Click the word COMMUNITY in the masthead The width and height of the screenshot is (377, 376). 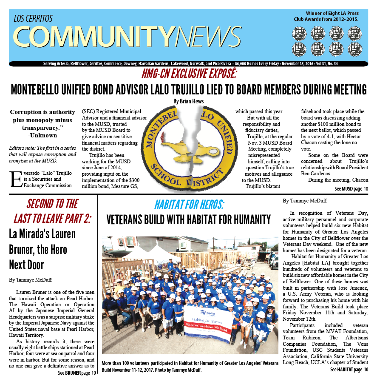click(x=94, y=37)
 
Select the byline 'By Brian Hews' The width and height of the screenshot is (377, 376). click(x=188, y=101)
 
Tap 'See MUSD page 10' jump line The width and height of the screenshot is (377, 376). click(x=351, y=188)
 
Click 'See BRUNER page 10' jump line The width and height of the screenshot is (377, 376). click(x=77, y=373)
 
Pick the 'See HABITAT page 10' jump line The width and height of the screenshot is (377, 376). click(x=349, y=369)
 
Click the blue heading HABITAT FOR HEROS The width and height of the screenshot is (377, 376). click(x=189, y=204)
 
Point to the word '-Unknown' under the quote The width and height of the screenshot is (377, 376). click(x=42, y=135)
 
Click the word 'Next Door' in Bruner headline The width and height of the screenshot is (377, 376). click(x=26, y=264)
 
